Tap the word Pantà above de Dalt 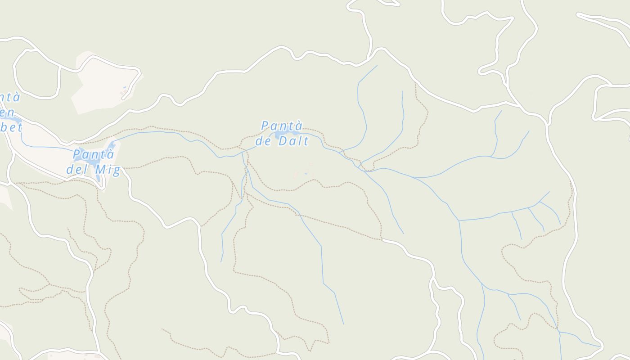(282, 126)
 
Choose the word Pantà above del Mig (94, 155)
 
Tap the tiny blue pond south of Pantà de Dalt (306, 174)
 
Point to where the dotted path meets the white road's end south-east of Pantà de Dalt (382, 240)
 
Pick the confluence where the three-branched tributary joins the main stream (459, 220)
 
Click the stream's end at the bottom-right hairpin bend (600, 346)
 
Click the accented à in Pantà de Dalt (298, 126)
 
